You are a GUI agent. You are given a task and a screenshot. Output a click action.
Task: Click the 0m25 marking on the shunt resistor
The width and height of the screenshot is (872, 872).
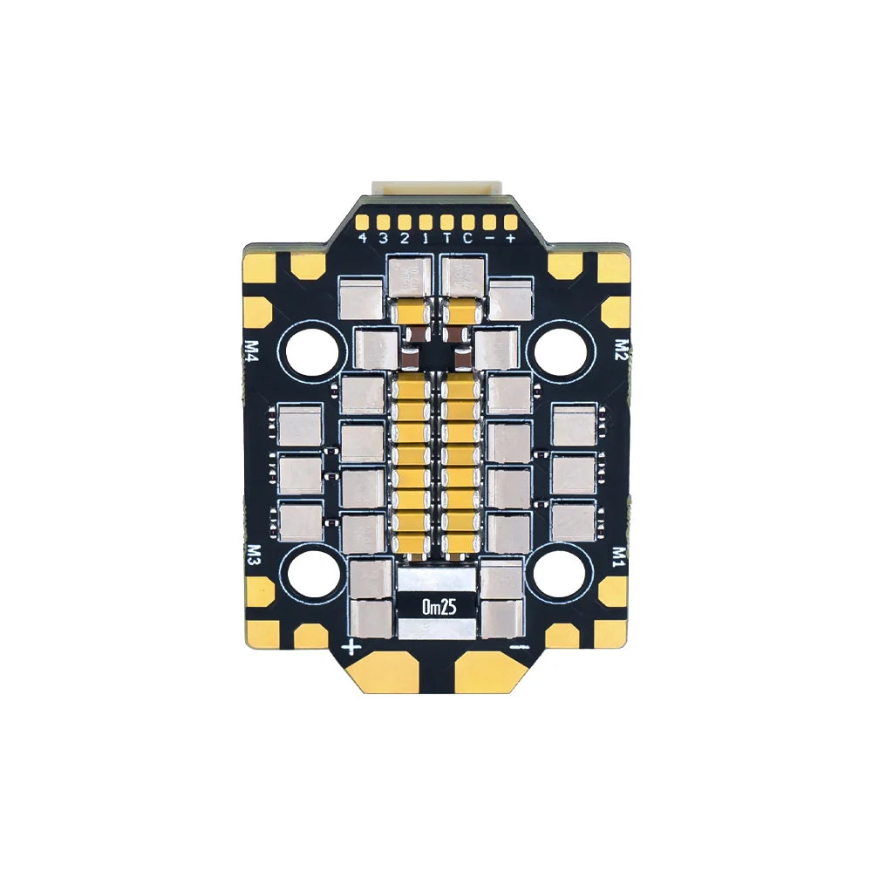point(439,608)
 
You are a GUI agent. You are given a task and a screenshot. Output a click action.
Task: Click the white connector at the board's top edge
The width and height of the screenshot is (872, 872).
point(437,189)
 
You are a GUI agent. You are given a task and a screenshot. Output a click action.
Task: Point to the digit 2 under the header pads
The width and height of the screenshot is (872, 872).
point(405,237)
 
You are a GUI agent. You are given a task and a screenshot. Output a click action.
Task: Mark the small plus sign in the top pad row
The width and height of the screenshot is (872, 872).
point(509,237)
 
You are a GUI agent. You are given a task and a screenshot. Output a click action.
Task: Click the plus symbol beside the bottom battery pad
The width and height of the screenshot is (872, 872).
point(352,647)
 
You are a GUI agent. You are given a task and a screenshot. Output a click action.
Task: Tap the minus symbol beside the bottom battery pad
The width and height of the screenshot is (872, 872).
point(520,647)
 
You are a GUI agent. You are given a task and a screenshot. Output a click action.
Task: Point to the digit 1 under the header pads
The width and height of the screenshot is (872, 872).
point(426,237)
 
